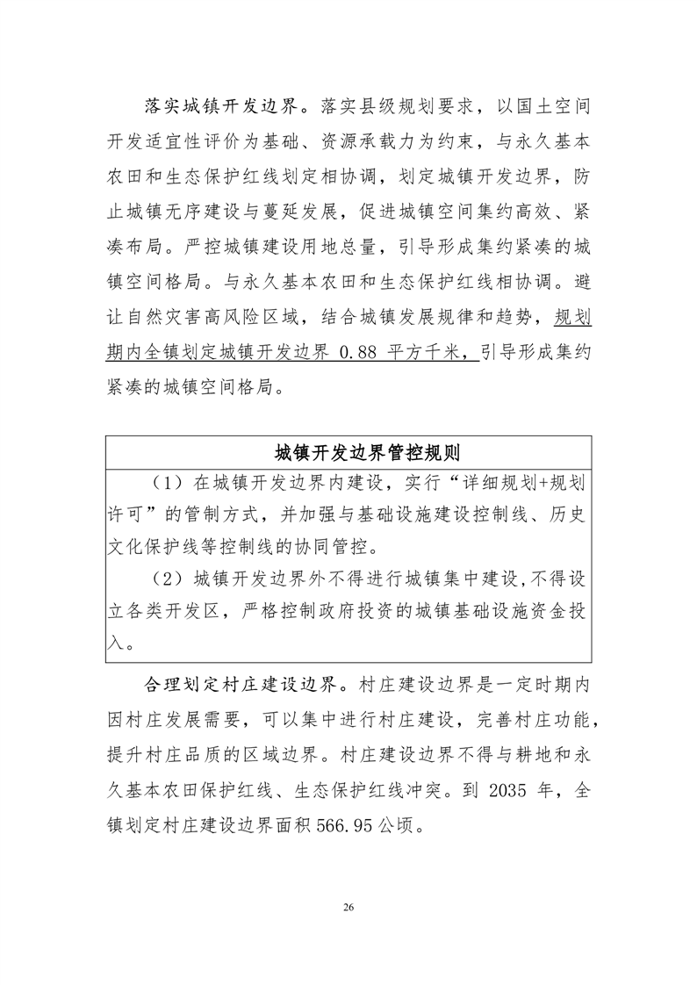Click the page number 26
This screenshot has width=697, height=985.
[348, 906]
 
